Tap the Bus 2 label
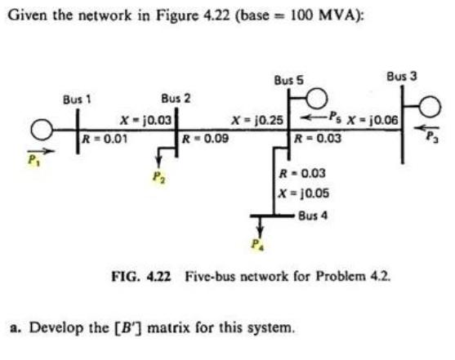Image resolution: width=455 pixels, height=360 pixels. [176, 99]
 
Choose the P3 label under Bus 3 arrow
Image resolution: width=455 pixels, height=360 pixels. [431, 138]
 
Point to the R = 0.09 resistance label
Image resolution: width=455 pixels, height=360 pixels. [205, 138]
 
